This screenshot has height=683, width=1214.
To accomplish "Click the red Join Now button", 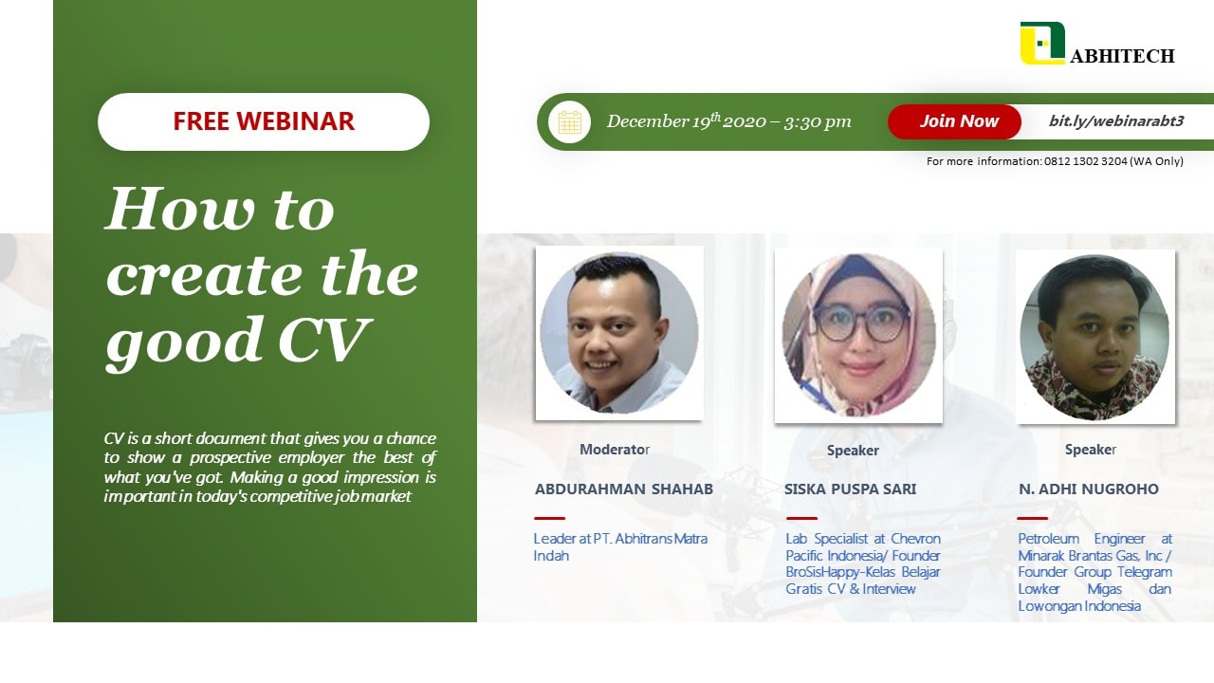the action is click(954, 121).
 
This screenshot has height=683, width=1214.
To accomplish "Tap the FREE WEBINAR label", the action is click(264, 120).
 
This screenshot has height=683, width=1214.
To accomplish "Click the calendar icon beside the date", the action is click(569, 122).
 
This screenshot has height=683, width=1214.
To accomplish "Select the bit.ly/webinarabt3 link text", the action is click(1116, 120).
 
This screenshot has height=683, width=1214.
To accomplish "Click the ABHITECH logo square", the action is click(1042, 43).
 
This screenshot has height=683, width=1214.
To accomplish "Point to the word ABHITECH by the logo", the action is click(1122, 56).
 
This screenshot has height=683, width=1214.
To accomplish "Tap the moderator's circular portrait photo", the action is click(619, 333).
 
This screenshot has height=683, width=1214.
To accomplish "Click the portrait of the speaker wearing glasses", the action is click(858, 335).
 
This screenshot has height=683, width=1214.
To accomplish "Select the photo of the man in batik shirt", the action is click(1094, 337).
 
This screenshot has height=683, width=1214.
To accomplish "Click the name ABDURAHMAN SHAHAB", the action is click(624, 489).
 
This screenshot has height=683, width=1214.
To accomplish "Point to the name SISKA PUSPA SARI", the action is click(851, 489).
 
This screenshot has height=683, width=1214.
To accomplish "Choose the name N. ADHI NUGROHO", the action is click(1088, 489).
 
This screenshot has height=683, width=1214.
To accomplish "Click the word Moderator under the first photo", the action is click(615, 450).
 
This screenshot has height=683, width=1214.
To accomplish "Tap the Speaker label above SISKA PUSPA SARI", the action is click(853, 451).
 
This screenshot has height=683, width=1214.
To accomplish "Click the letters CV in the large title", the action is click(324, 341).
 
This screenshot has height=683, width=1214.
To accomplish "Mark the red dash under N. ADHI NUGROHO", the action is click(1033, 518).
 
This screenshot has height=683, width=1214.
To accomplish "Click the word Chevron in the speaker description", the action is click(915, 539).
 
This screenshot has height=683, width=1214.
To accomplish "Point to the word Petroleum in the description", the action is click(1049, 539).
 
